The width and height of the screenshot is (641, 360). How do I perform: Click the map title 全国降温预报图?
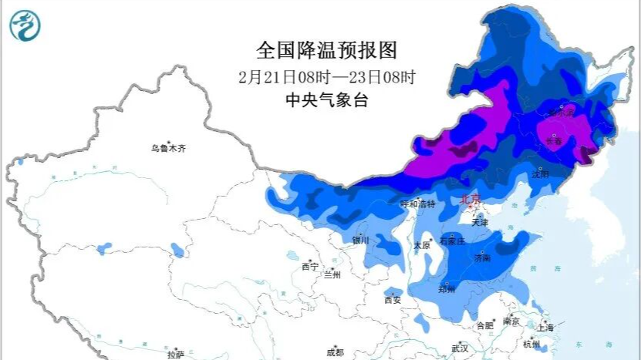pos(327,51)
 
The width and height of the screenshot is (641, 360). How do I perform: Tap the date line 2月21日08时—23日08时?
pos(327,77)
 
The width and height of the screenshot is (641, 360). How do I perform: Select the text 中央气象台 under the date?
pos(327,100)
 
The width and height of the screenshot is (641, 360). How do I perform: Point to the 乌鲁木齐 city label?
pos(168,148)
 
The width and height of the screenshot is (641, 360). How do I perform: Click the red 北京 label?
pos(471,199)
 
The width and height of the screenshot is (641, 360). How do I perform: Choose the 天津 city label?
pos(480,222)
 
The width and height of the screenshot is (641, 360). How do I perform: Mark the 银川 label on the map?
pos(361,241)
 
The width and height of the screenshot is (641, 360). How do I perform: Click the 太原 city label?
pos(421,245)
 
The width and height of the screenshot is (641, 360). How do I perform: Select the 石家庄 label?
pos(452,241)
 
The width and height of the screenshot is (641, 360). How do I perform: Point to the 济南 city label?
pos(481,261)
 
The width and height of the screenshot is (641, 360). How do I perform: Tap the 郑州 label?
pos(446,289)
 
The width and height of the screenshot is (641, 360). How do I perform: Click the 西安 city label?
pos(392,300)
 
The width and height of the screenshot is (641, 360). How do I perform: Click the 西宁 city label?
pos(310,267)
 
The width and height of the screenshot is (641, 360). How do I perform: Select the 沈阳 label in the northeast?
pos(540,175)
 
